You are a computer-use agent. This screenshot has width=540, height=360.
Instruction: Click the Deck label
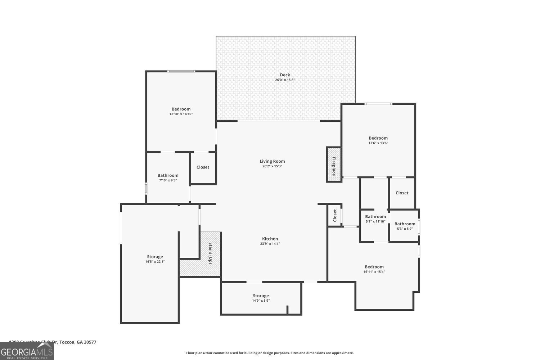click(285, 75)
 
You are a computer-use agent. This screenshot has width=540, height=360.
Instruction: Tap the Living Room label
click(272, 161)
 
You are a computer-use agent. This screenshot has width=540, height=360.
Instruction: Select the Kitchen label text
click(270, 239)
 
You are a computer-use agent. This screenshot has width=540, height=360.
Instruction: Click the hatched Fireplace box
click(334, 165)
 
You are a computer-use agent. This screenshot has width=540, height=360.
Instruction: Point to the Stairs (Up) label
click(211, 253)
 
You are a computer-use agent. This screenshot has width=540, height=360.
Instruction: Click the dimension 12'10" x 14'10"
click(181, 114)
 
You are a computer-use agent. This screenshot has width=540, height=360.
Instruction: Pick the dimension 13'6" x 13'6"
click(378, 143)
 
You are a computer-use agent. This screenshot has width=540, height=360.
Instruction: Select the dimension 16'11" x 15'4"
click(374, 272)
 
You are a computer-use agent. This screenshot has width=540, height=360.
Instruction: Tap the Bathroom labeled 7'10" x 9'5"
click(168, 175)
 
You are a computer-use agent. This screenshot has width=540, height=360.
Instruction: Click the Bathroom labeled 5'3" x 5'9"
click(405, 224)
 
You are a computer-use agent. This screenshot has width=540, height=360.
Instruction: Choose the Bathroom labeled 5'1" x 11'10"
click(375, 217)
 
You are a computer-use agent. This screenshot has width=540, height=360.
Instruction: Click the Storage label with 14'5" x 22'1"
click(155, 257)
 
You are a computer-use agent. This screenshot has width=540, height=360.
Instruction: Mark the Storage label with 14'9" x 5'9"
click(261, 296)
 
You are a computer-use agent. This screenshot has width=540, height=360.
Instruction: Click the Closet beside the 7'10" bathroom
click(203, 167)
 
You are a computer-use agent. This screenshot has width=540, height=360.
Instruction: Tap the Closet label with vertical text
click(334, 215)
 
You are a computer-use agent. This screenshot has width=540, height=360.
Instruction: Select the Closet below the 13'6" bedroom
click(402, 193)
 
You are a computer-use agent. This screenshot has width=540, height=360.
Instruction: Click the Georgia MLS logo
click(27, 351)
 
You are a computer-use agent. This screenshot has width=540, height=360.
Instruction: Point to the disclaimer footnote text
click(270, 353)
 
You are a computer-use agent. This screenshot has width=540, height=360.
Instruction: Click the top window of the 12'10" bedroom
click(181, 71)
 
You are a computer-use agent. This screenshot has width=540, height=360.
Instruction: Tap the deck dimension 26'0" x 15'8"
click(285, 80)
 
